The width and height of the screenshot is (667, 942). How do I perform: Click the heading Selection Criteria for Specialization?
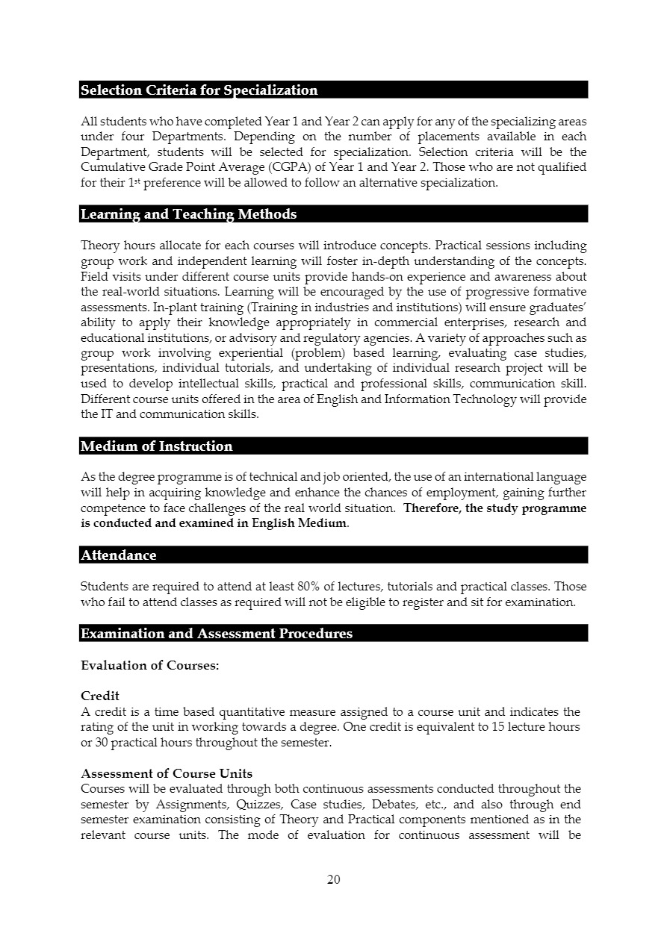pos(199,90)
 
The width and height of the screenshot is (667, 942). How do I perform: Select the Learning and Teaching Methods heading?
pos(188,214)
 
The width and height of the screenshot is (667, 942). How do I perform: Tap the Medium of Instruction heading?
pos(156,446)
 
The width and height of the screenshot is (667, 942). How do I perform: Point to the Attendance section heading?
pos(118,555)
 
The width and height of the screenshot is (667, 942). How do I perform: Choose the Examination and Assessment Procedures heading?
pos(216,634)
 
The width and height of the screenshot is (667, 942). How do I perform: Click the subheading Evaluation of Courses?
pos(149,665)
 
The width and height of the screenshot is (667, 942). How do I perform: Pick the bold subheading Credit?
pos(100,696)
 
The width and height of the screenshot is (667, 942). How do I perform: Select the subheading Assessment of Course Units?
pos(167,773)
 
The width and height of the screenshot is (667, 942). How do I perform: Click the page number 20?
pos(334,879)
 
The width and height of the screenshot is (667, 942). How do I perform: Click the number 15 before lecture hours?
pos(500,727)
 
